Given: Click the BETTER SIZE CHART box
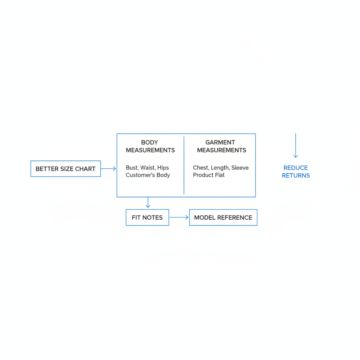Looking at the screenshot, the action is [x=66, y=169].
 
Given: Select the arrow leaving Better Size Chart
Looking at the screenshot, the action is [x=108, y=168].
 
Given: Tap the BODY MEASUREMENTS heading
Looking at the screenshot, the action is [x=150, y=146].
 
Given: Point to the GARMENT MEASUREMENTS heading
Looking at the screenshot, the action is [x=221, y=146].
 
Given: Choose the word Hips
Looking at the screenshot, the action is [x=163, y=168].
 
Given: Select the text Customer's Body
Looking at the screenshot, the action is [x=148, y=175].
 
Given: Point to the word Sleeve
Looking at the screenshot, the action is [x=240, y=168].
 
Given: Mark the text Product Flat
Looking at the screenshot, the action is [x=209, y=175].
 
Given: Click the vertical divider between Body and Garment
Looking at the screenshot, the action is [x=184, y=166].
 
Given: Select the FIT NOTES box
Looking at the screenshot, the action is [x=147, y=217].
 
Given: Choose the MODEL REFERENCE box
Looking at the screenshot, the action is [x=223, y=217].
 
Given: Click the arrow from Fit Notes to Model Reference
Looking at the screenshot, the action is [x=179, y=217].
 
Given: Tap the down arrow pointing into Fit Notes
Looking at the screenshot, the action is [x=148, y=202].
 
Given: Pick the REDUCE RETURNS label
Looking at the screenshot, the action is [x=296, y=172].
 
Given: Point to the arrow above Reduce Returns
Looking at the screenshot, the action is [x=296, y=146].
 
